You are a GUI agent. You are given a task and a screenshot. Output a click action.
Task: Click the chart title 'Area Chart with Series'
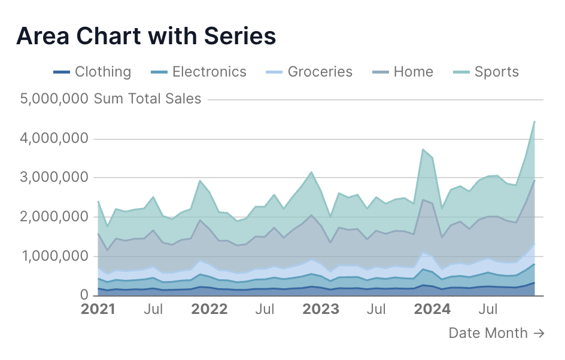click(x=146, y=36)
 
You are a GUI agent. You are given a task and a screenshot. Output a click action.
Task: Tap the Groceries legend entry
click(x=309, y=72)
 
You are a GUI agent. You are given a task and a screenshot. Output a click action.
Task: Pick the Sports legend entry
click(x=486, y=72)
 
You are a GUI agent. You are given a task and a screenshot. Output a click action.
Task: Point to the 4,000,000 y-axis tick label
click(x=56, y=139)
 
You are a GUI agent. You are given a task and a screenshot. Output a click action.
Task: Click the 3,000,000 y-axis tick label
click(x=56, y=178)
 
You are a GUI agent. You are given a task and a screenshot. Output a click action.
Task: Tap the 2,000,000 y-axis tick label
click(x=56, y=217)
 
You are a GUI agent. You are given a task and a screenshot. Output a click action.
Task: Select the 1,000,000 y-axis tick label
click(x=56, y=256)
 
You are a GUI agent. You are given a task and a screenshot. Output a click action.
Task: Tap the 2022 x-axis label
click(x=209, y=310)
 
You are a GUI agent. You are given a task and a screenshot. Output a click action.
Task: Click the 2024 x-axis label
click(x=433, y=310)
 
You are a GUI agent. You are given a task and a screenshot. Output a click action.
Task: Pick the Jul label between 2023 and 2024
click(x=376, y=310)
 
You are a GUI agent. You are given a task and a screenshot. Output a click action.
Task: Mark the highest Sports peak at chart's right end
click(x=534, y=122)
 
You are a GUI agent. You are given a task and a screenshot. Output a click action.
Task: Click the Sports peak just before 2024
click(x=423, y=150)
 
